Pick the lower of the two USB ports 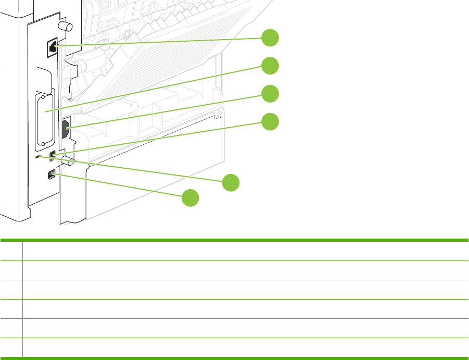click(51, 175)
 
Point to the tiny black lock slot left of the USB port click(36, 156)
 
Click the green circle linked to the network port click(270, 38)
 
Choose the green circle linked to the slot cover click(270, 66)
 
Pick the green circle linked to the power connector click(270, 94)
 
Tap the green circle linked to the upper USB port click(270, 121)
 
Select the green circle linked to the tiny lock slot click(231, 183)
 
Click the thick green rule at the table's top click(234, 240)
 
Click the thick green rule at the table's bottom click(234, 357)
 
